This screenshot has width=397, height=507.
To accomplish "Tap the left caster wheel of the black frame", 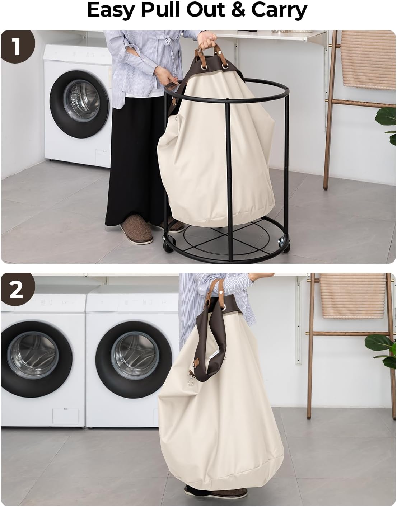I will pyautogui.click(x=167, y=247).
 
